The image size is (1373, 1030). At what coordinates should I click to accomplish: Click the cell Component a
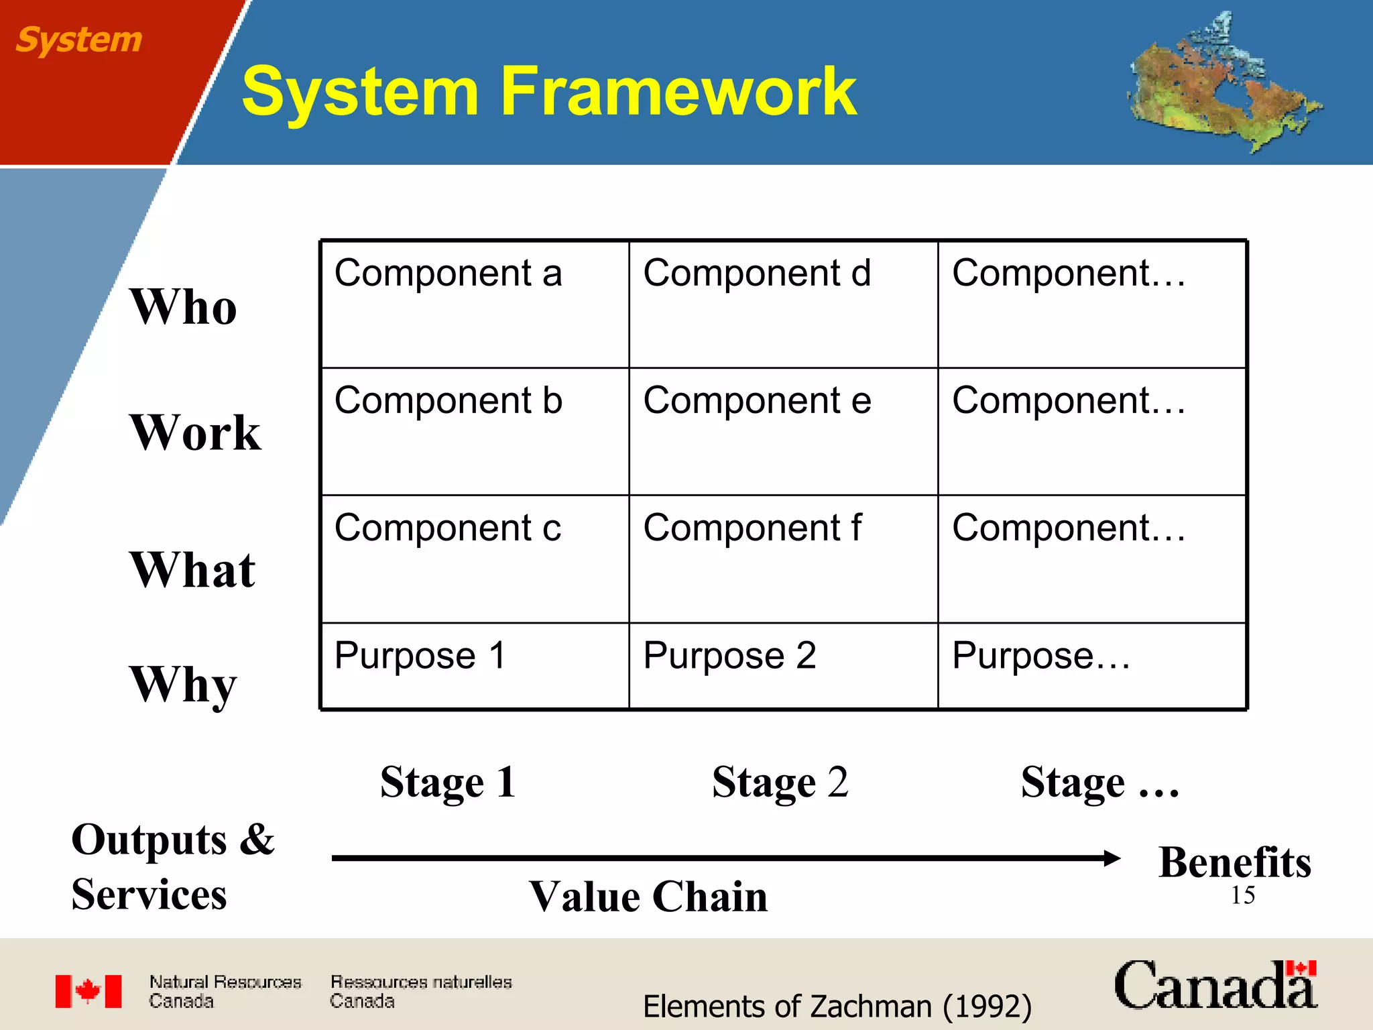pos(475,304)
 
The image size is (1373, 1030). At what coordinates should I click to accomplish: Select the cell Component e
pos(783,431)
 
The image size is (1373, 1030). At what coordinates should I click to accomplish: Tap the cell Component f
pos(783,559)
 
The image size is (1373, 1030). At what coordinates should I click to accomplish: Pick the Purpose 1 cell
pos(475,665)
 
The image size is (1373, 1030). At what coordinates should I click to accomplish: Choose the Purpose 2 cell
pos(783,665)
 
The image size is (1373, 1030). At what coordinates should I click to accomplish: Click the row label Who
pos(183,306)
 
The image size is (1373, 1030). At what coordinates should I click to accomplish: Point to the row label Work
pos(195,433)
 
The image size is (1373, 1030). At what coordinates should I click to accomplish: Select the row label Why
pos(183,684)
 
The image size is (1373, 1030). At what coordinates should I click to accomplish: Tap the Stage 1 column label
pos(448,782)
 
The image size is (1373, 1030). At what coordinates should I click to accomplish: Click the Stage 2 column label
pos(780,782)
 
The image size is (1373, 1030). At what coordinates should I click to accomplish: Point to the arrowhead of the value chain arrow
pos(1112,858)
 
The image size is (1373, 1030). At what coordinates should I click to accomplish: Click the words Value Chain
pos(648,897)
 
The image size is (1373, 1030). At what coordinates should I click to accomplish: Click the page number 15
pos(1242,895)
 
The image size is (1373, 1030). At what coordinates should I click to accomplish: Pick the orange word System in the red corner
pos(78,40)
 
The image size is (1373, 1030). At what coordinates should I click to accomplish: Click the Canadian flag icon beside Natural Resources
pos(88,991)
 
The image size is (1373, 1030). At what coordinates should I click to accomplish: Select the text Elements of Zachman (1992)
pos(837,1006)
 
